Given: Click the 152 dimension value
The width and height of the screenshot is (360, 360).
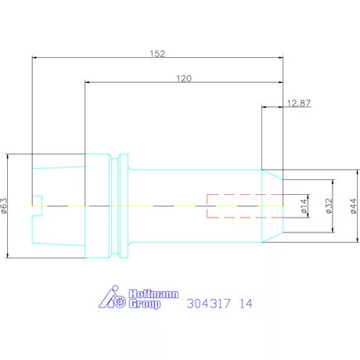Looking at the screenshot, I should pyautogui.click(x=157, y=54).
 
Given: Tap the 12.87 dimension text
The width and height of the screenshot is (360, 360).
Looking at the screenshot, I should pyautogui.click(x=298, y=103).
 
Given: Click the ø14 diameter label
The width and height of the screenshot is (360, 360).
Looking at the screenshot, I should pyautogui.click(x=304, y=206).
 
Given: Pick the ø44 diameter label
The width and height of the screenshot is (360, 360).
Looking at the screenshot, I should pyautogui.click(x=352, y=206).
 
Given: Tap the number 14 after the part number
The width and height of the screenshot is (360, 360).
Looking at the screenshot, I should pyautogui.click(x=246, y=303).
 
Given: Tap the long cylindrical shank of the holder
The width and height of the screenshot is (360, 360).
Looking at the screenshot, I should pyautogui.click(x=196, y=188).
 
